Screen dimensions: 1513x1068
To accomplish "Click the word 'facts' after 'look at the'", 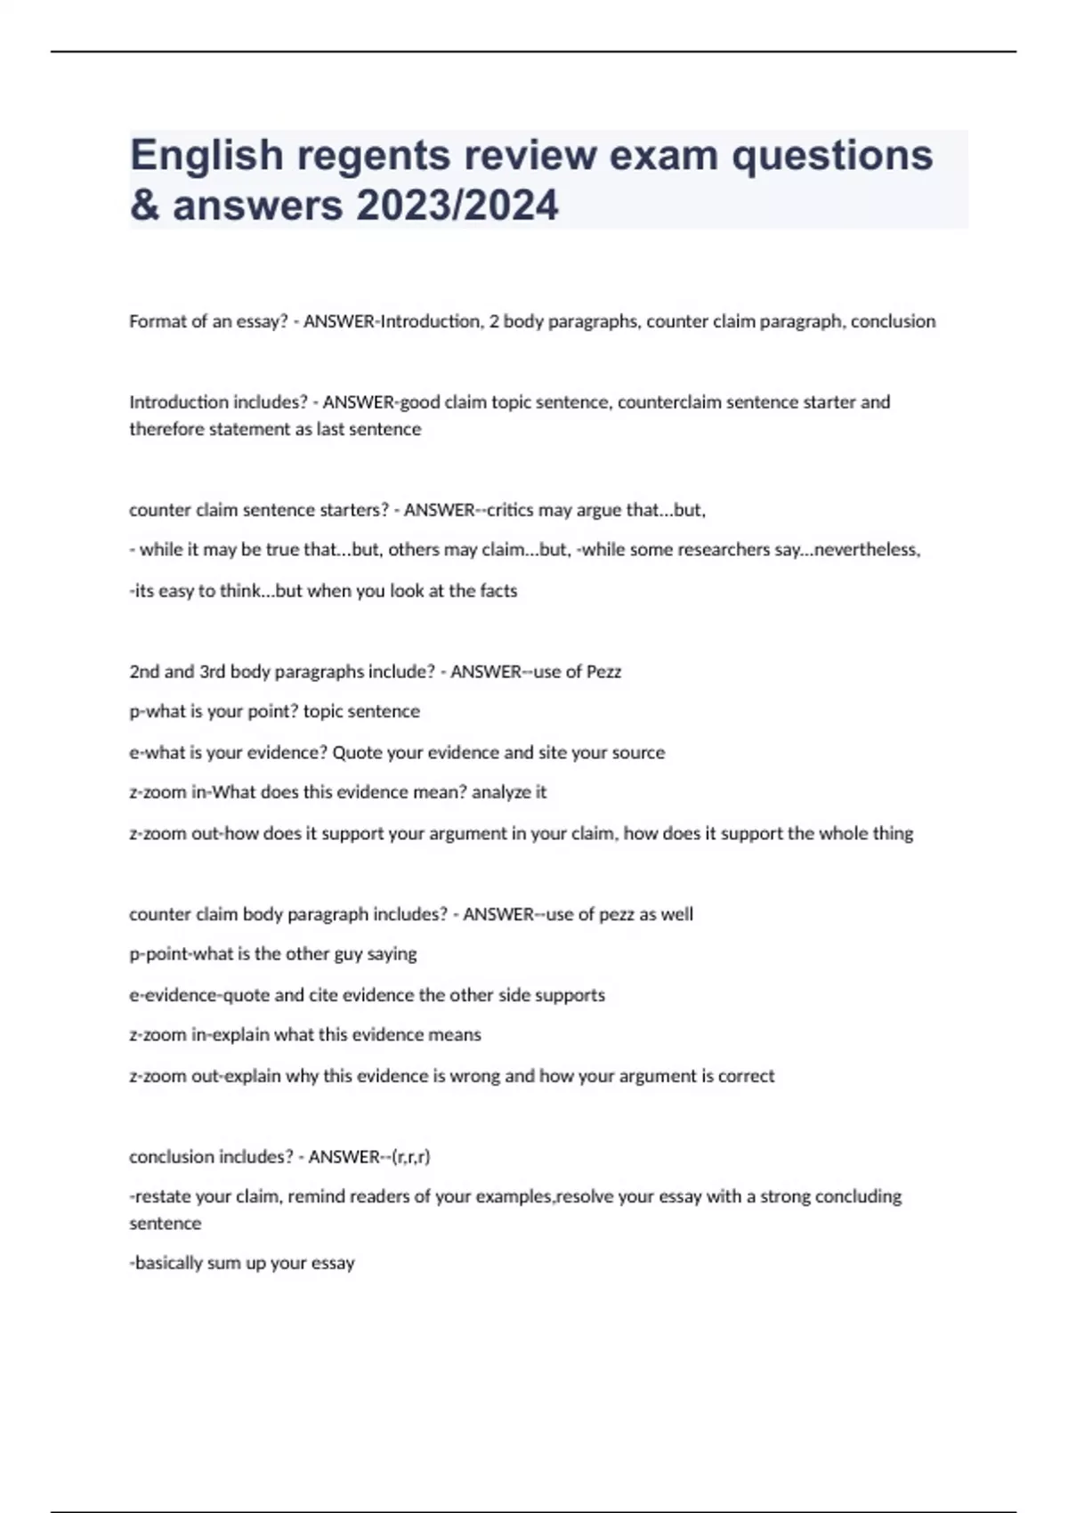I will (498, 591).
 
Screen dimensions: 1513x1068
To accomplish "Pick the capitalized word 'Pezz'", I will (603, 672).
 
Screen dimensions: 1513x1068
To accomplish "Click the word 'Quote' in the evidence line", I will (356, 753).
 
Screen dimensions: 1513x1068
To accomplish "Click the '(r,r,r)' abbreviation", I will (410, 1157).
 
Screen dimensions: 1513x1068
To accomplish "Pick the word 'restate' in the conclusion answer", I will (163, 1197).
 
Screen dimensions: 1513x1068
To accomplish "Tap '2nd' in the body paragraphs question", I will (144, 672).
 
